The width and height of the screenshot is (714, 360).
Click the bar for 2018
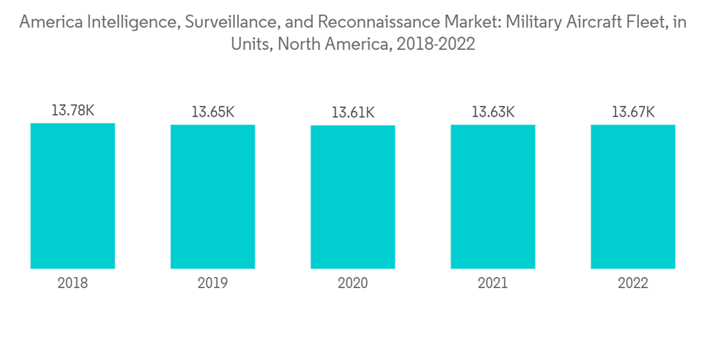coord(73,196)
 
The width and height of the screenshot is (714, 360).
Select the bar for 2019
coord(213,196)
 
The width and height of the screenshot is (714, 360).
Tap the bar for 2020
coord(353,197)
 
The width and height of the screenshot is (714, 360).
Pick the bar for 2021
coord(493,196)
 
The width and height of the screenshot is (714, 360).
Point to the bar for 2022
coord(633,196)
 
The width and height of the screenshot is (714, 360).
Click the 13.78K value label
coord(73,111)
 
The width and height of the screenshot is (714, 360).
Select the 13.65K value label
coord(213,112)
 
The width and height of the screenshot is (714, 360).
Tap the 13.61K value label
coord(353,113)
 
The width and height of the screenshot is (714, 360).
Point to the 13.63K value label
coord(493,112)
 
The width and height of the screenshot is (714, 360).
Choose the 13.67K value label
coord(633,112)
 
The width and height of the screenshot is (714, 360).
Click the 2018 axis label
coord(73,284)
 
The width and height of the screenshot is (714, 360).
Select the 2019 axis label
coord(213,284)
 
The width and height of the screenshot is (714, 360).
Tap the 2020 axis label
coord(353,284)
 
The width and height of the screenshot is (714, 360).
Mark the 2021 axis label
coord(493,284)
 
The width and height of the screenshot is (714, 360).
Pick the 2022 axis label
coord(633,284)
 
